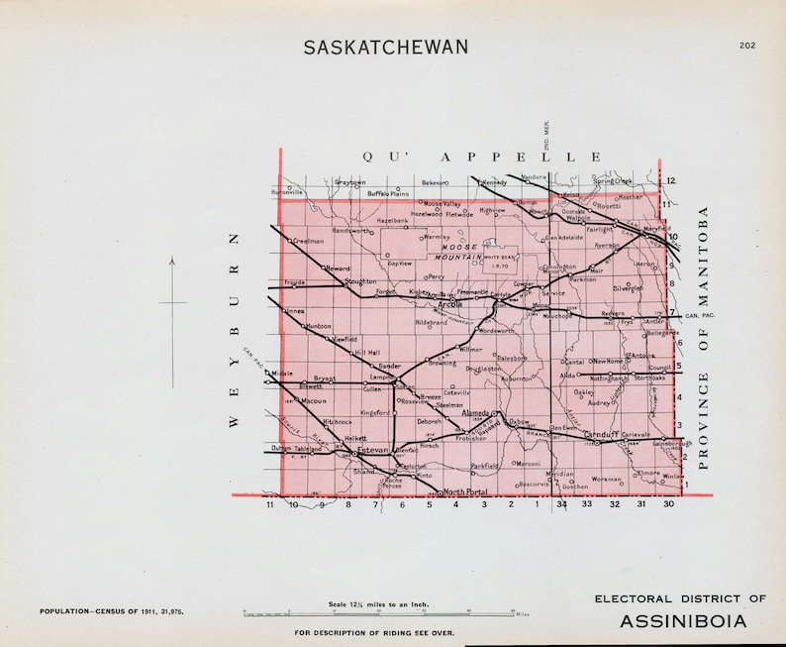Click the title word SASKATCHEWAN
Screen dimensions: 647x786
pyautogui.click(x=386, y=48)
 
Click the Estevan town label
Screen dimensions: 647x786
pyautogui.click(x=373, y=449)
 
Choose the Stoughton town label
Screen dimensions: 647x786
pyautogui.click(x=359, y=281)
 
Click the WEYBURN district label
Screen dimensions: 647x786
pyautogui.click(x=235, y=329)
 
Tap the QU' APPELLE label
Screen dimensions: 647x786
pyautogui.click(x=481, y=157)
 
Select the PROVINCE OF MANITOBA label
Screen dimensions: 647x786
pyautogui.click(x=705, y=337)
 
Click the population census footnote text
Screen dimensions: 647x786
pyautogui.click(x=111, y=613)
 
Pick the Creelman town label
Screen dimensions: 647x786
pyautogui.click(x=309, y=241)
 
